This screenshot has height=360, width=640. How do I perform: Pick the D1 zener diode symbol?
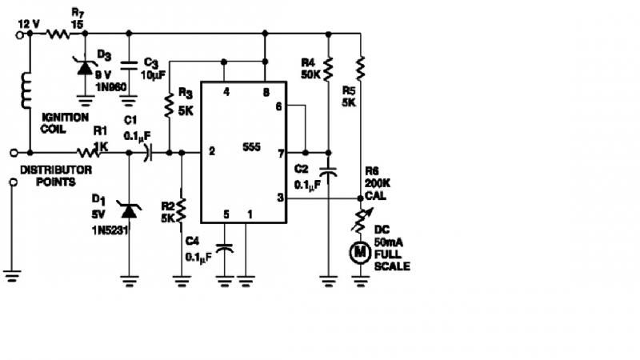[x=130, y=212]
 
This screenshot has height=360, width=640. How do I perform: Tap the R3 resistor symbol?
[x=170, y=103]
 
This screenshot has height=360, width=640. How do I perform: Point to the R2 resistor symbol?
[x=182, y=210]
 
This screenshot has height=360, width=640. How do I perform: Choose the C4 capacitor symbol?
[x=226, y=250]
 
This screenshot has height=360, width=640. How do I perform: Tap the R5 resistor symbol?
[x=361, y=68]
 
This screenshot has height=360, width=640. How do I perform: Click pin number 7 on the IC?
[x=278, y=151]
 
